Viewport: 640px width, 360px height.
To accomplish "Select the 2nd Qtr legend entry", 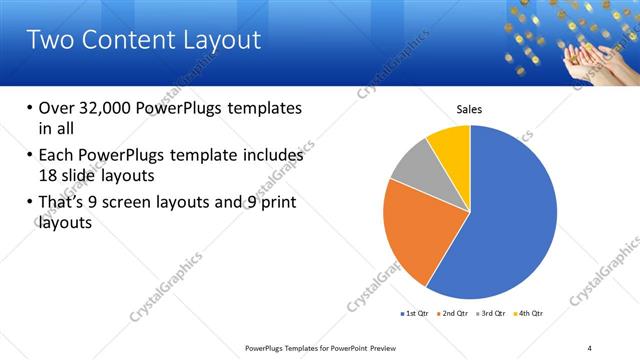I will (455, 314).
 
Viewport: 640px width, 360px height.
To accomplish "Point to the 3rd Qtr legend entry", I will (493, 314).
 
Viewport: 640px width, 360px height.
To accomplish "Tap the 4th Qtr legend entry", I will (530, 314).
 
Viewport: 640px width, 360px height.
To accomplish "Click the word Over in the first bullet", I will (58, 108).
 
